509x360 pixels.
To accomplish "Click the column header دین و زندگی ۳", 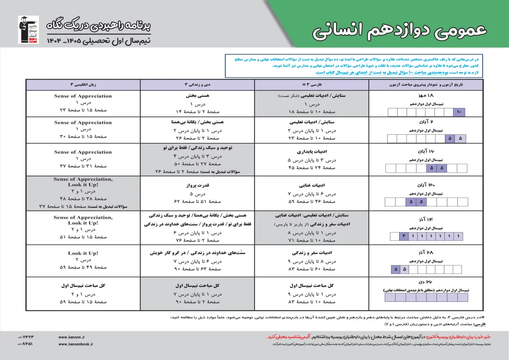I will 198,85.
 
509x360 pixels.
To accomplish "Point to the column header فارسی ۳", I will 311,85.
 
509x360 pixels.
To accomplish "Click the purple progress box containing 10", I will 459,112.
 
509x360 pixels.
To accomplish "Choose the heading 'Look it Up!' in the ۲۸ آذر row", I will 83,253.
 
